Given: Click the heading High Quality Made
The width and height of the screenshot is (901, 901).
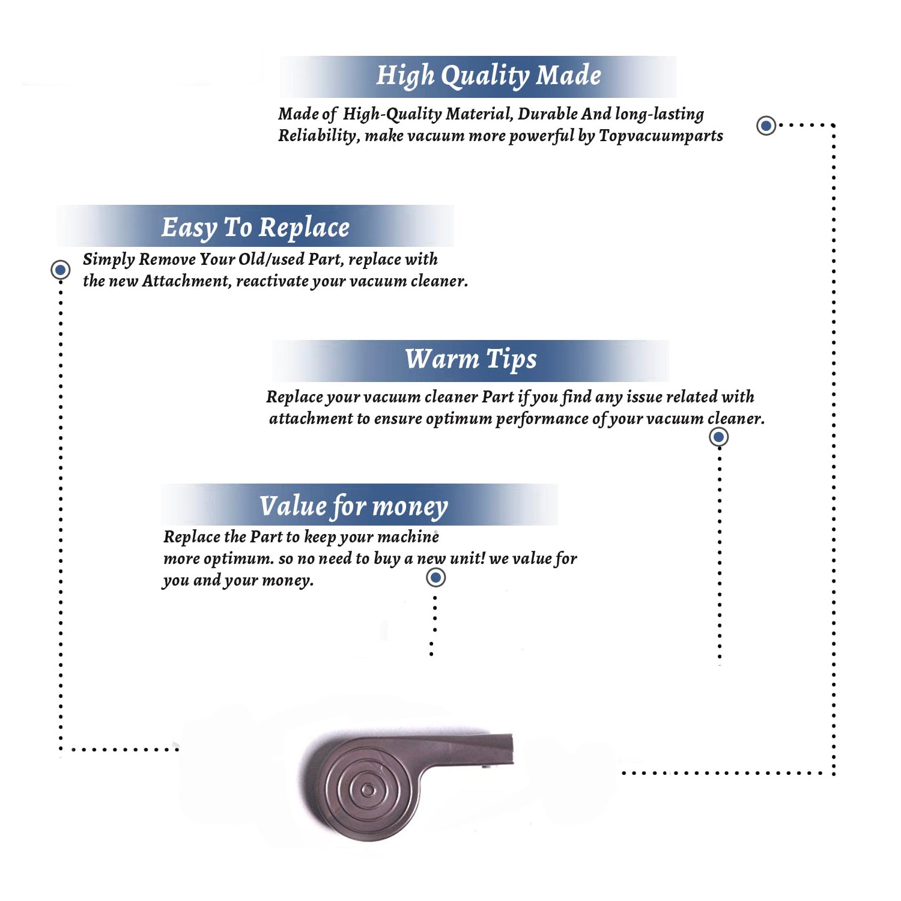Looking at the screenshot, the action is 488,76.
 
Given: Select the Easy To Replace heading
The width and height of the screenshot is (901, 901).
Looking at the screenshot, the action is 255,228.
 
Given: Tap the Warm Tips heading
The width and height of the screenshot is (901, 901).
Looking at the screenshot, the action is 471,359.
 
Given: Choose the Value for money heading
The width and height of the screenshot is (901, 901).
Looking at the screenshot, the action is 354,506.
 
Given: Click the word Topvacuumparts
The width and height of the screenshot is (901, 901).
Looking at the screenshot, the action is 661,136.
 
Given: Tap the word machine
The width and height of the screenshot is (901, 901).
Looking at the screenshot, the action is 411,536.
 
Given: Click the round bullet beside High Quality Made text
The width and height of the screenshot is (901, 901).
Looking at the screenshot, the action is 766,126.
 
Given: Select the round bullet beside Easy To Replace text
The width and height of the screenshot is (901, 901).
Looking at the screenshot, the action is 60,270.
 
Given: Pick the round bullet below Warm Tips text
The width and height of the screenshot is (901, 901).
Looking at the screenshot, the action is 718,437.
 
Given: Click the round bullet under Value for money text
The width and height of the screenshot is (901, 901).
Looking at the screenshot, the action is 435,578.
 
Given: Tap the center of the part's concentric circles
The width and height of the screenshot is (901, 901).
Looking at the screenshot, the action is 368,789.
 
